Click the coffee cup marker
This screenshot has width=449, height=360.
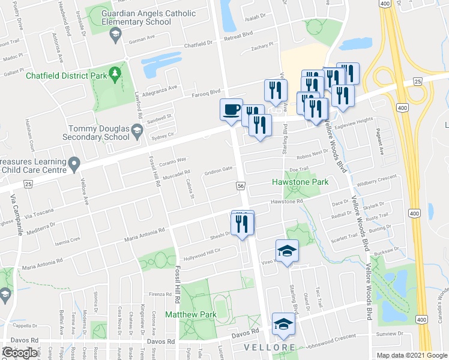232,110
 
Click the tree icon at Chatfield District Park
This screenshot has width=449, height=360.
115,75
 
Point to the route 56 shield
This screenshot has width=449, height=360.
241,187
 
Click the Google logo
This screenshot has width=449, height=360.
20,353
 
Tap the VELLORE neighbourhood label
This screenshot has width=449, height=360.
270,348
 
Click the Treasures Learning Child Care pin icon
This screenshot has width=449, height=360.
74,163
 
